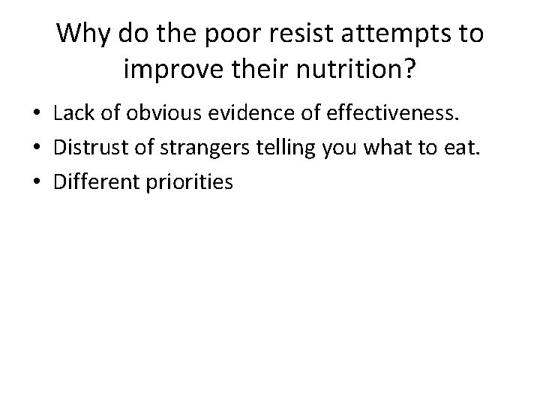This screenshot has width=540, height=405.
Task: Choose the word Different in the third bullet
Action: pos(91,181)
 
